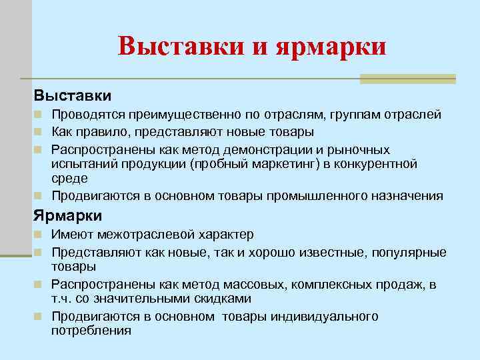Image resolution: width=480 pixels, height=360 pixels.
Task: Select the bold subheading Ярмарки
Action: tap(67, 215)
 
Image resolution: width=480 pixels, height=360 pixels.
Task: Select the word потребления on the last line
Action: tap(91, 330)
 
